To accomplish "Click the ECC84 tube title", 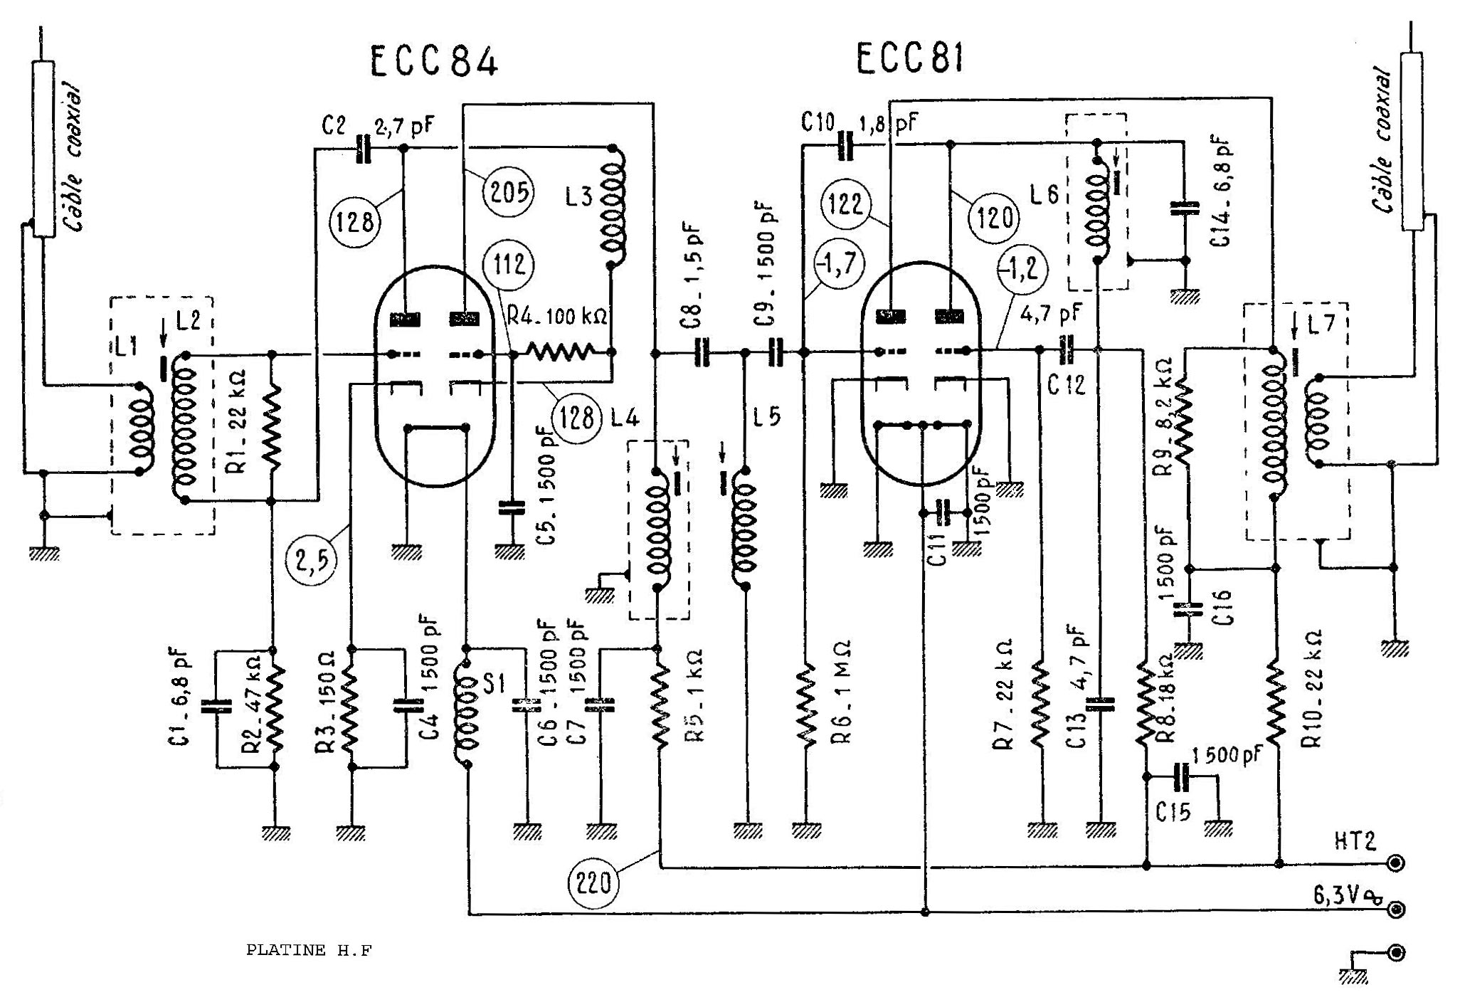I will pyautogui.click(x=434, y=61).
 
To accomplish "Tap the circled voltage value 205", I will pyautogui.click(x=508, y=192).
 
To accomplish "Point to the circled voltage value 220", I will pyautogui.click(x=593, y=883).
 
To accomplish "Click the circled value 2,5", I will pyautogui.click(x=312, y=561).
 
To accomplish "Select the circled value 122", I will pyautogui.click(x=845, y=204).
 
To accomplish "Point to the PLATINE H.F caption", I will pyautogui.click(x=309, y=950).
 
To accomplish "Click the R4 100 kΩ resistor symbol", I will pyautogui.click(x=559, y=352).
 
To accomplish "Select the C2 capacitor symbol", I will pyautogui.click(x=363, y=149).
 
